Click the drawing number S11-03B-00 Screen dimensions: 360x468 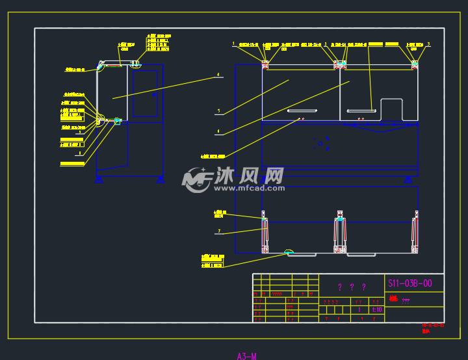coord(409,283)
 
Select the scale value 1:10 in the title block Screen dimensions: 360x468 coord(376,310)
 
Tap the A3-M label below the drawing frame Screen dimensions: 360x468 coord(246,355)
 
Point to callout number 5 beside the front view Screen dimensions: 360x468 coord(218,111)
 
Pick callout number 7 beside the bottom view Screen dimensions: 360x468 coord(220,231)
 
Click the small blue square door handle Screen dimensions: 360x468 coord(154,95)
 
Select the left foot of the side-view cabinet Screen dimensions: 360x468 coord(99,179)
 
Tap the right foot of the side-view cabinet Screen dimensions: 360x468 coord(160,179)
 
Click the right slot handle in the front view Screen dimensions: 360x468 coord(361,110)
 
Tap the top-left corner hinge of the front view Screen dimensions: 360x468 coord(265,64)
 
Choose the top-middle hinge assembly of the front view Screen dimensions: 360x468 coord(340,64)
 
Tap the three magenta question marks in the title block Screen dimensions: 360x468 coord(351,287)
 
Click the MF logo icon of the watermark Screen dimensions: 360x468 coord(196,179)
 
